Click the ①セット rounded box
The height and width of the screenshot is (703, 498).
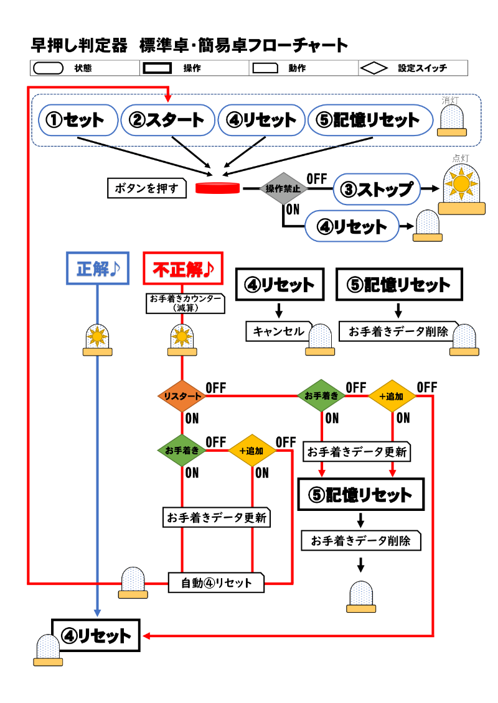click(x=78, y=120)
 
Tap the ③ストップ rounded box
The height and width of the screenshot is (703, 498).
click(x=376, y=189)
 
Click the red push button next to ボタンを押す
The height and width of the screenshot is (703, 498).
click(x=218, y=188)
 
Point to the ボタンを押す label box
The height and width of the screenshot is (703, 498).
click(x=147, y=188)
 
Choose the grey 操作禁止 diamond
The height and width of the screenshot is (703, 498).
click(x=283, y=188)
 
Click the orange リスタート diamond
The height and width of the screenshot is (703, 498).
click(x=182, y=396)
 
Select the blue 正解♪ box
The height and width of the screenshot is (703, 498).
click(x=98, y=269)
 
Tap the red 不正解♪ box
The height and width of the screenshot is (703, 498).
click(x=182, y=269)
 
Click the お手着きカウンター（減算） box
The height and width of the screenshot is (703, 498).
click(x=185, y=303)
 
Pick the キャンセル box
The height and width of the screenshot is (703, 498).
click(x=278, y=331)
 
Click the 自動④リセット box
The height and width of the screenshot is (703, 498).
click(x=217, y=582)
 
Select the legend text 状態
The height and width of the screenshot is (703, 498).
click(x=82, y=68)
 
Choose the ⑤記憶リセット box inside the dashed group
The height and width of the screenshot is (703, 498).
click(x=370, y=120)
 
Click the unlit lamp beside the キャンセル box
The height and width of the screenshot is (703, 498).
click(x=320, y=340)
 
